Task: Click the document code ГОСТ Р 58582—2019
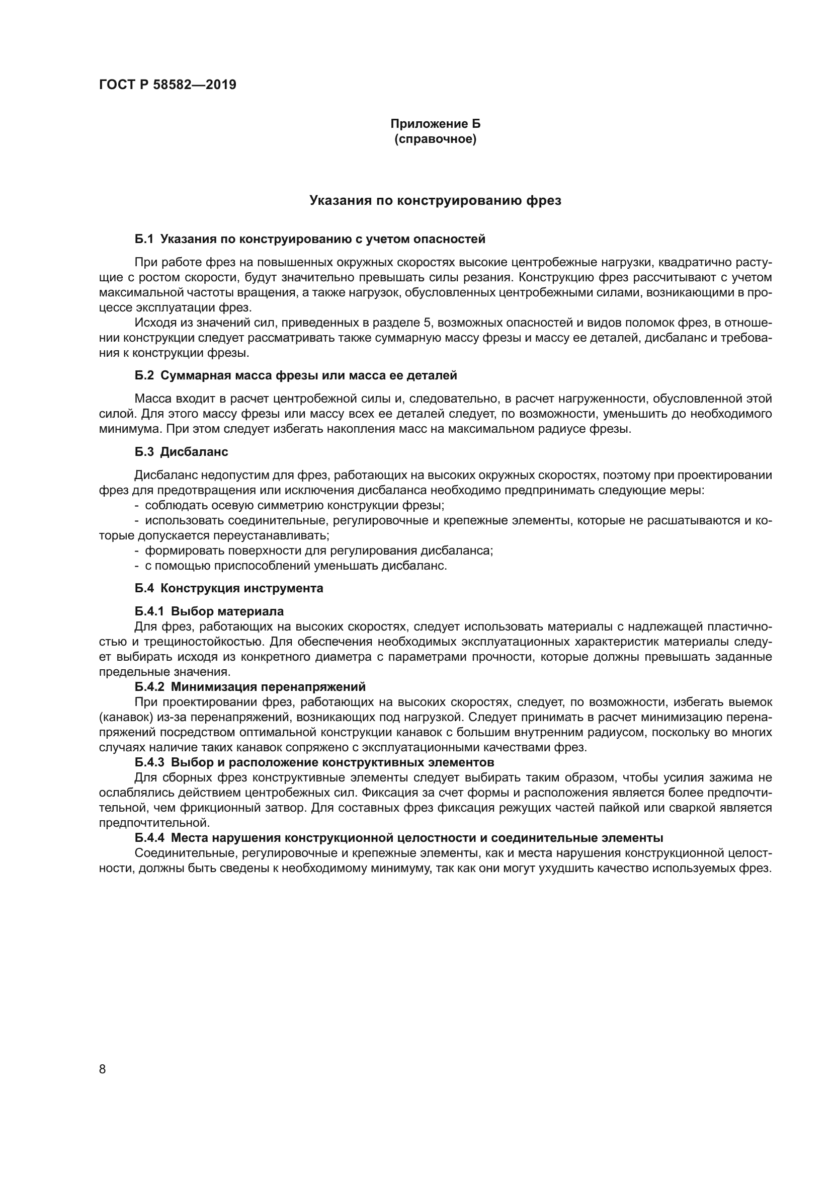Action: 168,85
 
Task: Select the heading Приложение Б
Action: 435,124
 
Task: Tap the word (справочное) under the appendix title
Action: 435,139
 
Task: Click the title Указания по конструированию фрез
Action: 435,200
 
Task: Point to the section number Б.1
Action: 144,239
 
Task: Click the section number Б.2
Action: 144,375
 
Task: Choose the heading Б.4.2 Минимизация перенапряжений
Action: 250,686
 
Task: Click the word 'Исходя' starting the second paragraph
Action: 151,323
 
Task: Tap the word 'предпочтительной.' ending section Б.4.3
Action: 154,823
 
